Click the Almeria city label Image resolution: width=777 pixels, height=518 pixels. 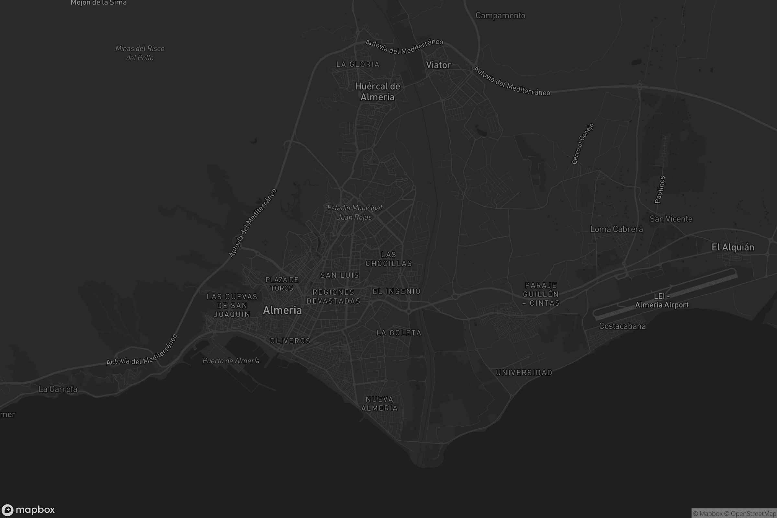coord(282,310)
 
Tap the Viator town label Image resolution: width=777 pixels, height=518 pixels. coord(438,65)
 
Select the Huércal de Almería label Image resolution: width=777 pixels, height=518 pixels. coord(377,92)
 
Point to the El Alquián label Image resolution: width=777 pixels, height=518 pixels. coord(733,247)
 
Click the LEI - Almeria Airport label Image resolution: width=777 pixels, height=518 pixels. coord(661,301)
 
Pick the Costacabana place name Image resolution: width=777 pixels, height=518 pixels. coord(622,326)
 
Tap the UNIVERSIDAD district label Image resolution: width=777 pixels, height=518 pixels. coord(524,373)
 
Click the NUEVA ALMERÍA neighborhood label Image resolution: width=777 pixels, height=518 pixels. coord(379,404)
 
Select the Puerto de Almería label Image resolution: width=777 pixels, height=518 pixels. coord(231,361)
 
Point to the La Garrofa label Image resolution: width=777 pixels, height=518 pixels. coord(58,389)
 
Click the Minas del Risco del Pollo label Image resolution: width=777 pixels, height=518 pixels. coord(140,53)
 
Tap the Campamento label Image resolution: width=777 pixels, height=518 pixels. coord(500,16)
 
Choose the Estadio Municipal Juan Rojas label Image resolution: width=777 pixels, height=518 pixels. coord(355,212)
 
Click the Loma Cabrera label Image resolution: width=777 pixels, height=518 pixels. coord(616,229)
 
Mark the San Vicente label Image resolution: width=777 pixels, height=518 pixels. coord(670,219)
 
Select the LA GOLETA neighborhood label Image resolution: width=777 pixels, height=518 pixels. coord(399,333)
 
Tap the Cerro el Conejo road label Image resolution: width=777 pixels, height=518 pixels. coord(583,144)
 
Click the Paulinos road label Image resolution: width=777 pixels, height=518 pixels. coord(660,189)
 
